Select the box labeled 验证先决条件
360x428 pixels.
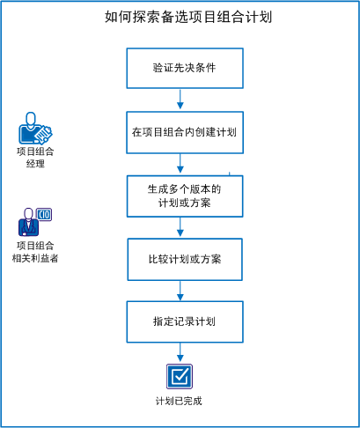(x=184, y=67)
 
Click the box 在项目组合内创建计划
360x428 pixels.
(x=183, y=133)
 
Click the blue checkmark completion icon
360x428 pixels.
(x=180, y=376)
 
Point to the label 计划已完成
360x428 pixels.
(x=180, y=402)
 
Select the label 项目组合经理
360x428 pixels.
(x=35, y=158)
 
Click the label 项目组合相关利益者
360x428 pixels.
(x=35, y=252)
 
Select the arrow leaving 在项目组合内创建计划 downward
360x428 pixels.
(x=180, y=164)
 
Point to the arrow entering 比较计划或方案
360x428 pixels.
(x=180, y=228)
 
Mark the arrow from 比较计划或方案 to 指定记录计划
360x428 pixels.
(x=180, y=291)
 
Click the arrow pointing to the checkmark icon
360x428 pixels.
(x=180, y=354)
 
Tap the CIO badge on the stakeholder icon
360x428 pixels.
(x=45, y=215)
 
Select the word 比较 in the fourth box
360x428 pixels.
(x=158, y=260)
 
